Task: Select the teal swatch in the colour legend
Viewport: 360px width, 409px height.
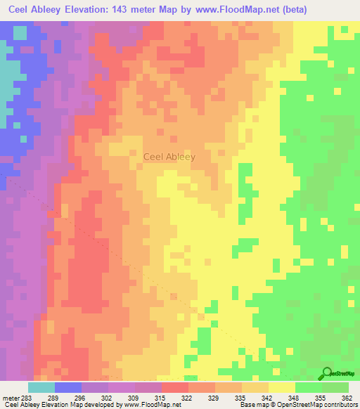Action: click(41, 387)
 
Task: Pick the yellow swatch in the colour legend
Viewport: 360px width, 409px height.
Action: click(282, 387)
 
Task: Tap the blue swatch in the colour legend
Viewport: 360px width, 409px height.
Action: click(68, 387)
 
